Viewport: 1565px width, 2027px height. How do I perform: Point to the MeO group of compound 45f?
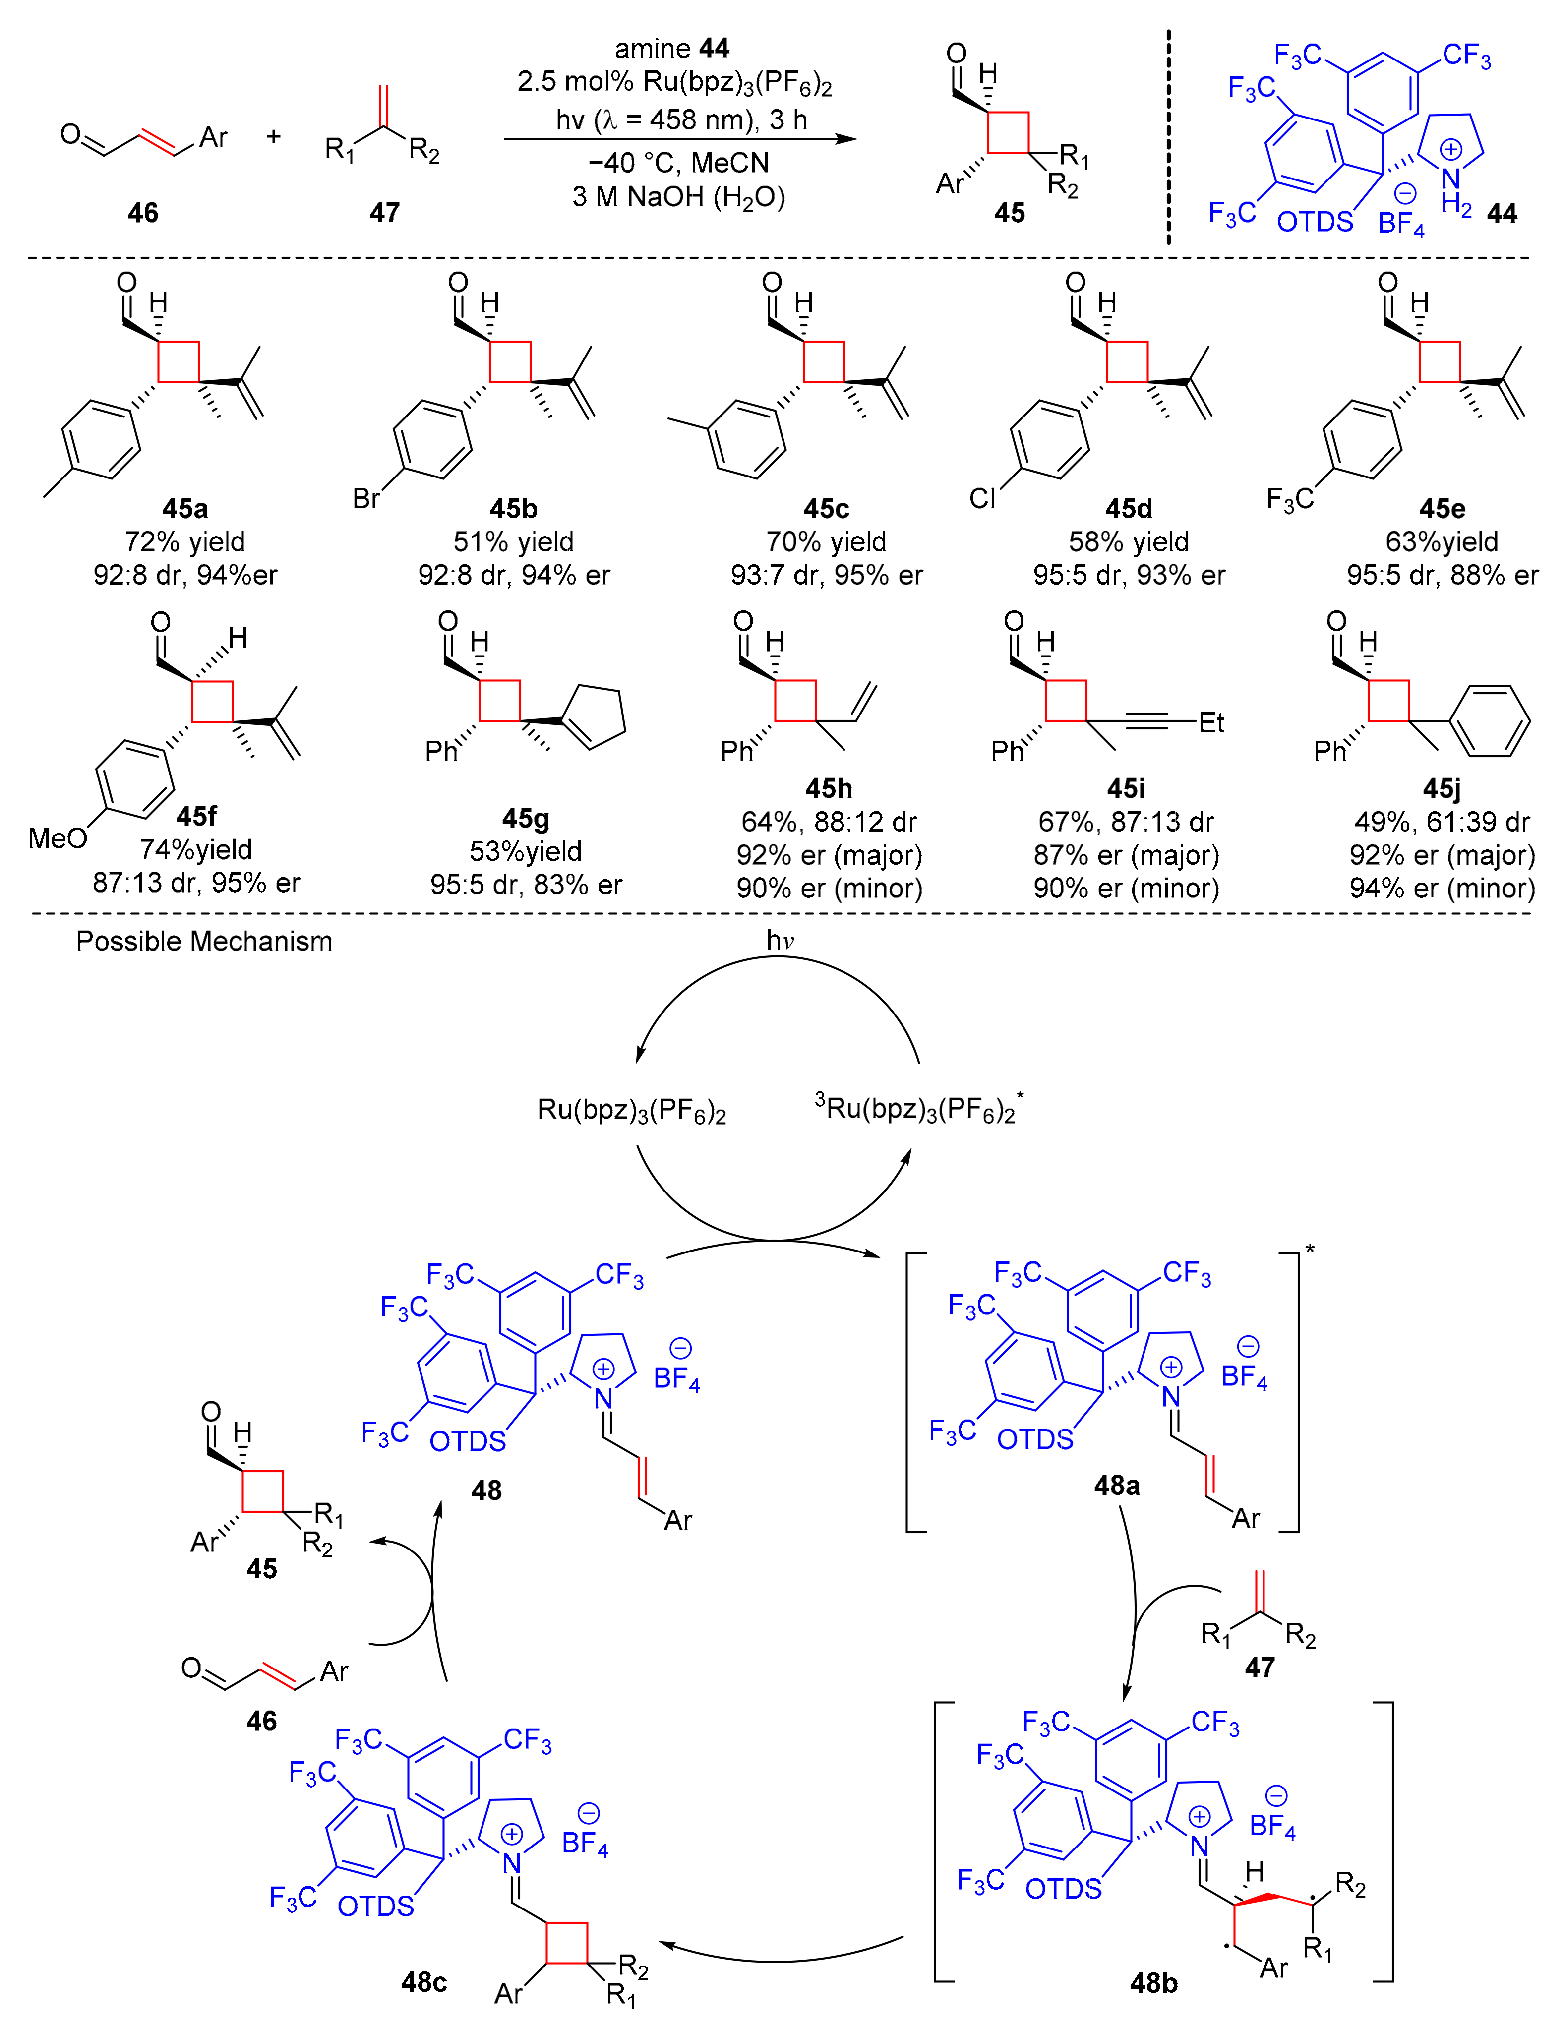pyautogui.click(x=58, y=838)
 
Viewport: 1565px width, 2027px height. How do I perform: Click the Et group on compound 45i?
pyautogui.click(x=1211, y=722)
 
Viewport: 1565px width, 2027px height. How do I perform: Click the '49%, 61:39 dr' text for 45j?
pyautogui.click(x=1442, y=822)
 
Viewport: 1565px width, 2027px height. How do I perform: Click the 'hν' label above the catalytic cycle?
pyautogui.click(x=780, y=940)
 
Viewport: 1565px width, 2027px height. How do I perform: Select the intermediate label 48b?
pyautogui.click(x=1154, y=1983)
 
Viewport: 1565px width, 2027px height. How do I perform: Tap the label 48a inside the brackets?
pyautogui.click(x=1117, y=1486)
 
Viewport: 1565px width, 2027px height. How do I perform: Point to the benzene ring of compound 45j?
pyautogui.click(x=1491, y=721)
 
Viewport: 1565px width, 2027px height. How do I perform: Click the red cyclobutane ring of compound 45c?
pyautogui.click(x=824, y=361)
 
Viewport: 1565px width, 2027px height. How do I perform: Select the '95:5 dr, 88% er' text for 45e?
pyautogui.click(x=1442, y=576)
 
